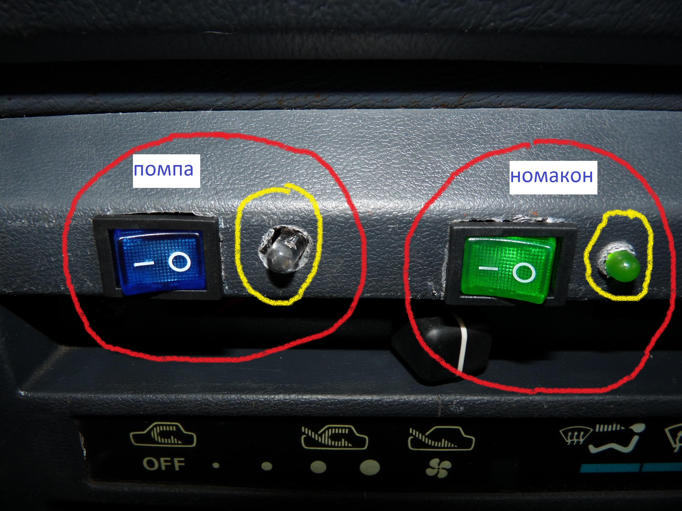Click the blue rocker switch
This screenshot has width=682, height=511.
[159, 261]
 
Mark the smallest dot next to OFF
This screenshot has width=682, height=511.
[216, 465]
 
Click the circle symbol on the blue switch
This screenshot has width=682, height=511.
[179, 261]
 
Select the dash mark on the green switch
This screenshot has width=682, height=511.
[488, 268]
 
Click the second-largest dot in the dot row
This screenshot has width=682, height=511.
[318, 467]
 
